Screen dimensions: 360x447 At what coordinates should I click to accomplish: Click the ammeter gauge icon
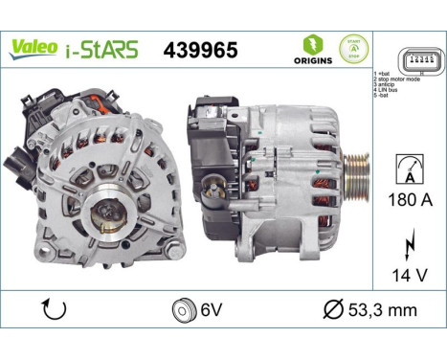[x=408, y=170]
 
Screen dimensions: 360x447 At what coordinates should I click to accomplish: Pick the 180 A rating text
[x=409, y=200]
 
